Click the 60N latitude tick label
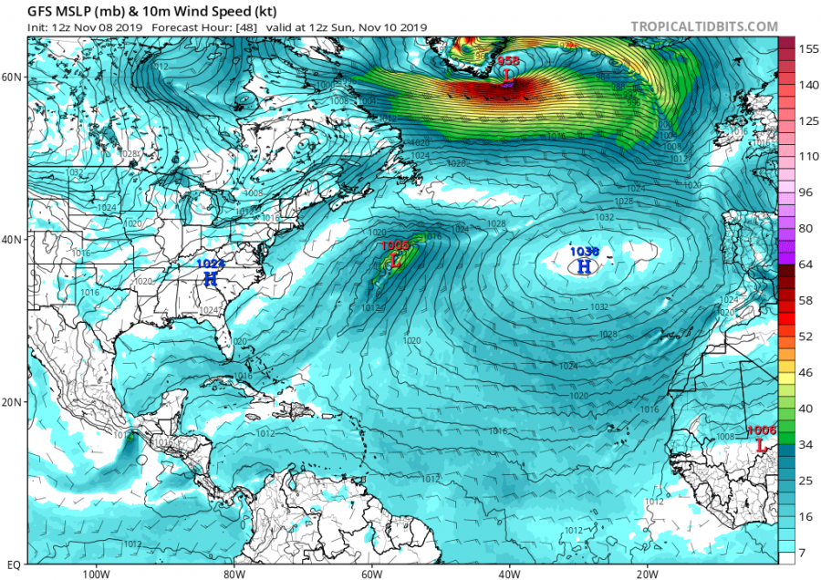(x=13, y=77)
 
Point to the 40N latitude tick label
(x=13, y=239)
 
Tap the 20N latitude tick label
(x=13, y=401)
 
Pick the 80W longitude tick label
(x=234, y=574)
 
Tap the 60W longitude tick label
(x=371, y=574)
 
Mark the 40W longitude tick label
(x=509, y=574)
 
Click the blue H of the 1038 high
(x=584, y=266)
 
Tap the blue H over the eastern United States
(x=211, y=278)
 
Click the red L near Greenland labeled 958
(x=508, y=76)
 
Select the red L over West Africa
(x=761, y=445)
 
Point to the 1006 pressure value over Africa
(x=761, y=430)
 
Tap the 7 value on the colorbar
(x=801, y=553)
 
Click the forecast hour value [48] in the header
(x=229, y=26)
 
